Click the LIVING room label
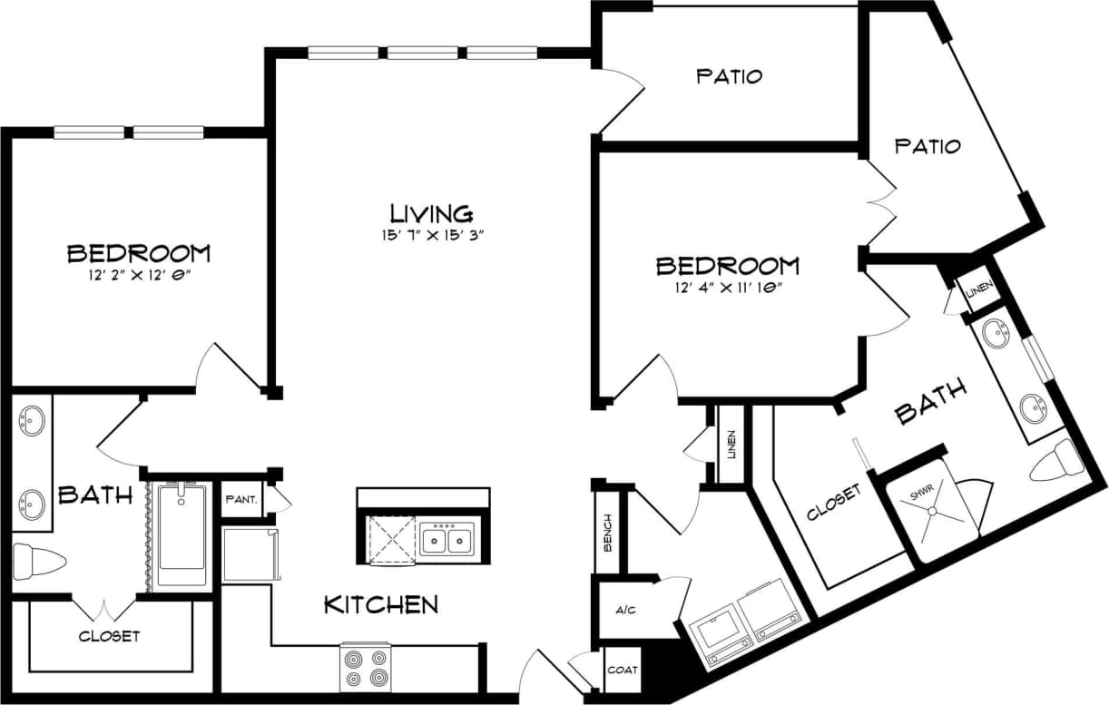pyautogui.click(x=431, y=214)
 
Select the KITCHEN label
pyautogui.click(x=381, y=604)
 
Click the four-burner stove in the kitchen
pyautogui.click(x=365, y=667)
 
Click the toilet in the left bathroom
pyautogui.click(x=39, y=560)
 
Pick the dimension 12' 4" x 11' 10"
pyautogui.click(x=728, y=288)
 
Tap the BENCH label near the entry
pyautogui.click(x=607, y=533)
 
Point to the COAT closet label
pyautogui.click(x=623, y=671)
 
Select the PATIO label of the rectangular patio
pyautogui.click(x=729, y=76)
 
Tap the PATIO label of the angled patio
pyautogui.click(x=927, y=146)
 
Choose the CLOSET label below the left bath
pyautogui.click(x=109, y=636)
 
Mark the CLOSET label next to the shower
pyautogui.click(x=833, y=502)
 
